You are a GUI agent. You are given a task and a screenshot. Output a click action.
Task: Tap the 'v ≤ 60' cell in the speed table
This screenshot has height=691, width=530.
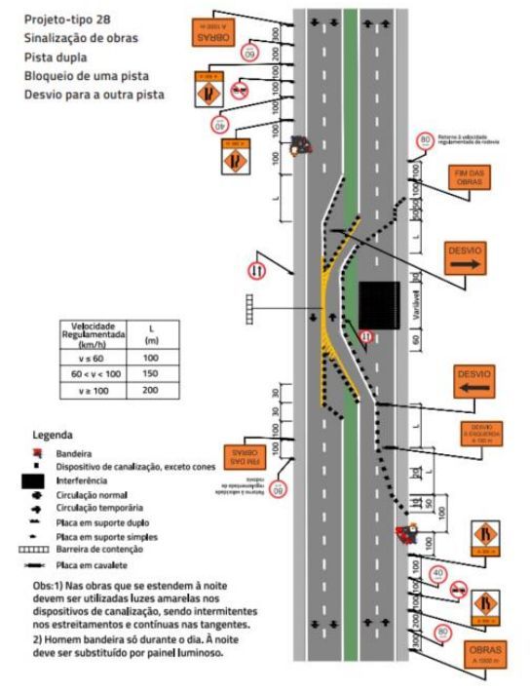(x=89, y=358)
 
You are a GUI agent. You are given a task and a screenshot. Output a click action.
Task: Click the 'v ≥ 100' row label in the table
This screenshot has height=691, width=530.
(x=89, y=390)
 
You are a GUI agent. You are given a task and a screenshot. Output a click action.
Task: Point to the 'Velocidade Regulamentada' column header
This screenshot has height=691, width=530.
(x=89, y=332)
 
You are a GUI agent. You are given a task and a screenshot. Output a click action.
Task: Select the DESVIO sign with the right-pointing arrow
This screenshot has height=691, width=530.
(x=465, y=256)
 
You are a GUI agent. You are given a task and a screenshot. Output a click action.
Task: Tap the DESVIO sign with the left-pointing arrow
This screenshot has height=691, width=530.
(x=475, y=380)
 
